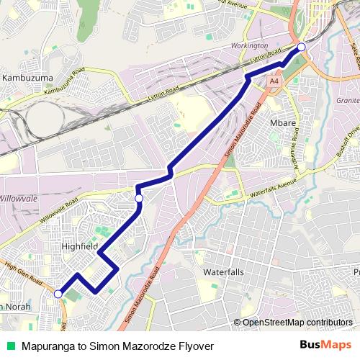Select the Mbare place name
[283, 123]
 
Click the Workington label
[250, 47]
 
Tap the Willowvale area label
[22, 197]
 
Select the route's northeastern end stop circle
[301, 48]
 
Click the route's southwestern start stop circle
[58, 294]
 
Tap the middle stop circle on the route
[139, 198]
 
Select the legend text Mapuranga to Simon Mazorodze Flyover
[118, 346]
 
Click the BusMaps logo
[322, 345]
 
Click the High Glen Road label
[22, 273]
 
